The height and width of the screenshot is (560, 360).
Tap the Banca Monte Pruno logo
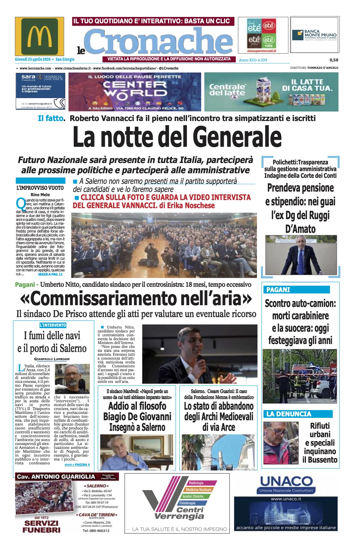point(314,35)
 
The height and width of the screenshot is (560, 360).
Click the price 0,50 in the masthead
point(334,60)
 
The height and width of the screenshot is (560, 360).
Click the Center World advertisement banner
point(134,92)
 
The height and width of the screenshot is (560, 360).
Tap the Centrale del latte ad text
point(227,90)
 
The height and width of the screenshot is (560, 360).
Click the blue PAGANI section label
point(278,290)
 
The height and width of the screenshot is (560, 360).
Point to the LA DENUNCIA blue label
point(289,414)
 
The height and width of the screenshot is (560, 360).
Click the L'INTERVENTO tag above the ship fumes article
point(53,325)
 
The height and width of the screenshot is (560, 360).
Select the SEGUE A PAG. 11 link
point(50,274)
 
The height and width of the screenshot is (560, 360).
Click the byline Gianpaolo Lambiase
point(52,359)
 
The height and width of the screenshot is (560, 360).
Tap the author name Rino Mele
point(40,194)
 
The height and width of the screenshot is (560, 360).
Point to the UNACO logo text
point(286,481)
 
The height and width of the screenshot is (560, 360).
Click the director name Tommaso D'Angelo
point(323,68)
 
